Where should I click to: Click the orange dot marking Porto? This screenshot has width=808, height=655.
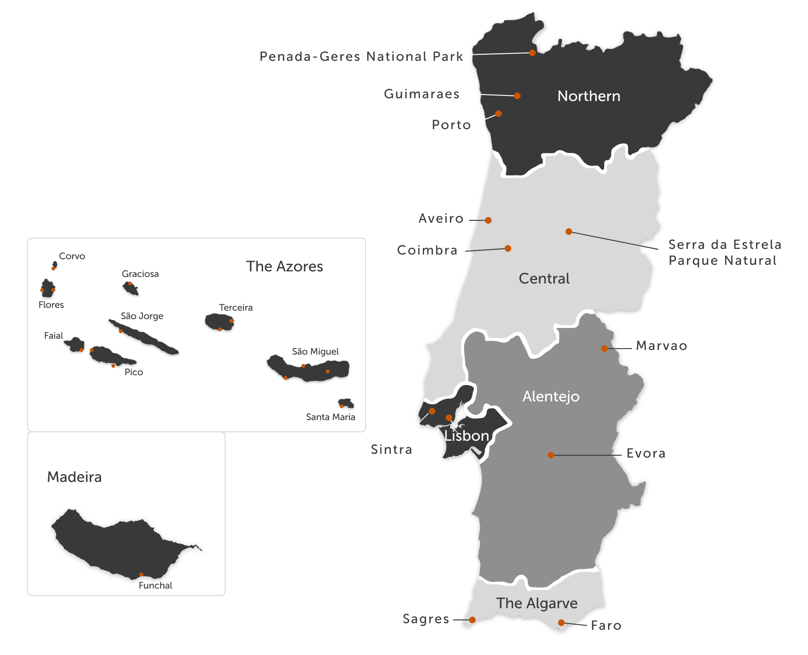(x=499, y=114)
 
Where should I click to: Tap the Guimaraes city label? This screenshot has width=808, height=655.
(x=421, y=94)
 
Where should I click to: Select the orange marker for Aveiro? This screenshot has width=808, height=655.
(x=488, y=220)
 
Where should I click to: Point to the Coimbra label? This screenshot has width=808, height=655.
(x=427, y=250)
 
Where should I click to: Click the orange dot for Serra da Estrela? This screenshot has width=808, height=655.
(x=569, y=232)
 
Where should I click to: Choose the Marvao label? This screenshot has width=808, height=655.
(x=661, y=346)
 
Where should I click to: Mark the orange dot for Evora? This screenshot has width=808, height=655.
(x=551, y=455)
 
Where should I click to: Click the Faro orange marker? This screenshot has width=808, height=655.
(x=561, y=623)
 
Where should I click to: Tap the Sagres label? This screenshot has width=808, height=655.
(x=426, y=619)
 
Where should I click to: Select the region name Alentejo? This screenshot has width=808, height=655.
(x=551, y=397)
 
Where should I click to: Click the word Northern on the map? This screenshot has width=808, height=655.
(x=589, y=96)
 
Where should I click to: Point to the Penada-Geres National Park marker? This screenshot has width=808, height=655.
(x=532, y=53)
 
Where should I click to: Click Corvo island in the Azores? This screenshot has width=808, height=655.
(x=55, y=265)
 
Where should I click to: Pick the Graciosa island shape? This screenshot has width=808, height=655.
(x=131, y=288)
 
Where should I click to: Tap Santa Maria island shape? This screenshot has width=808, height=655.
(x=346, y=403)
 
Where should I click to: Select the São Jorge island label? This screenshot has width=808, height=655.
(x=142, y=316)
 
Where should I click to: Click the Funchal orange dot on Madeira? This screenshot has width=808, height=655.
(x=141, y=575)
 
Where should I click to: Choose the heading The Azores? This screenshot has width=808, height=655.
(x=285, y=266)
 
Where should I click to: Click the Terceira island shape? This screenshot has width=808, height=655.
(x=219, y=322)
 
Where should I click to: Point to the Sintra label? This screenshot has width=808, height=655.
(x=391, y=450)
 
